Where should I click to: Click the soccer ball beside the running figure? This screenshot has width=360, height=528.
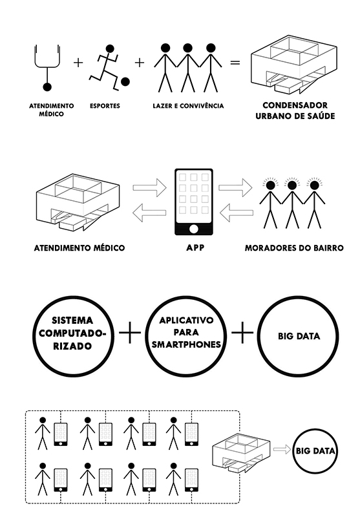pos(125,81)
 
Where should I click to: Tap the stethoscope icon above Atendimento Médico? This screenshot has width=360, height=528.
pos(47,68)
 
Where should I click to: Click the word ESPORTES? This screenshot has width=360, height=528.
pos(105,106)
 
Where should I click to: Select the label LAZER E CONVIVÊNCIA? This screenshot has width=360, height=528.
pos(188,106)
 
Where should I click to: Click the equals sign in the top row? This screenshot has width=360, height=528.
pos(235,63)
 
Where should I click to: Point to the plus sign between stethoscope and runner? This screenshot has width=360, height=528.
pos(78,62)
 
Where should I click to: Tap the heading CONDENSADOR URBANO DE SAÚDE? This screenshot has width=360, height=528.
pos(295,111)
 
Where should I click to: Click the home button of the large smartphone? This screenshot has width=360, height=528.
pos(194,229)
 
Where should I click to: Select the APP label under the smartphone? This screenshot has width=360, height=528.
pos(195,248)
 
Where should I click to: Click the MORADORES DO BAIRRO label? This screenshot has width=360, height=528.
pos(294,248)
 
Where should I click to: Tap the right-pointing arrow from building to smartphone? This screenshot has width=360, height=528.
pos(149,188)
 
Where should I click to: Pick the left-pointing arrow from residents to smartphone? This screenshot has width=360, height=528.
pos(236,213)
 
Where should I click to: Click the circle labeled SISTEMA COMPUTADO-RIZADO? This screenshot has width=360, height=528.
pos(73,333)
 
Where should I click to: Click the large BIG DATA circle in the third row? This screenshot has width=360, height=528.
pos(299,335)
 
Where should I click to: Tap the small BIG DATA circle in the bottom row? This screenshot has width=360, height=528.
pos(315,450)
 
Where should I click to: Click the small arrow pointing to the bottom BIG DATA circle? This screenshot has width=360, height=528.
pos(282,449)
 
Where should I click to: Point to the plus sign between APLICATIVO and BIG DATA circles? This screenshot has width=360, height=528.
pos(242,333)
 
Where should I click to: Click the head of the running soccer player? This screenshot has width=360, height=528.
pos(109,49)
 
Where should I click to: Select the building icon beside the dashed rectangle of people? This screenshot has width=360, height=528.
pos(241,453)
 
